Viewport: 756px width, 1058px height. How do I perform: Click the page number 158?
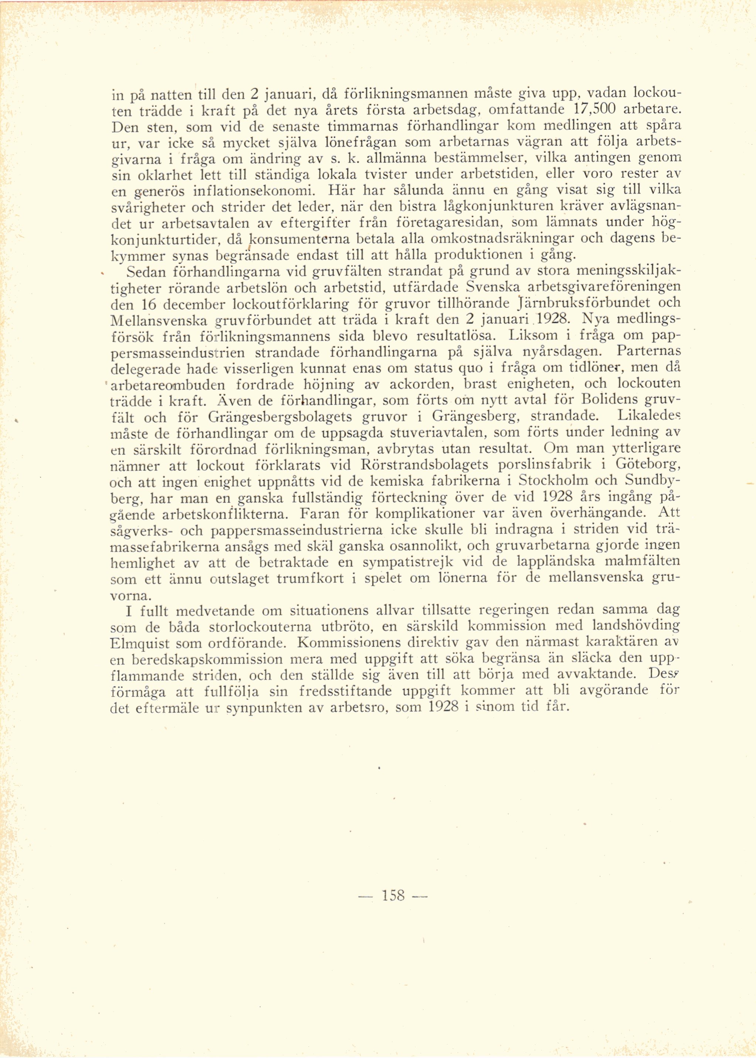(393, 895)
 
